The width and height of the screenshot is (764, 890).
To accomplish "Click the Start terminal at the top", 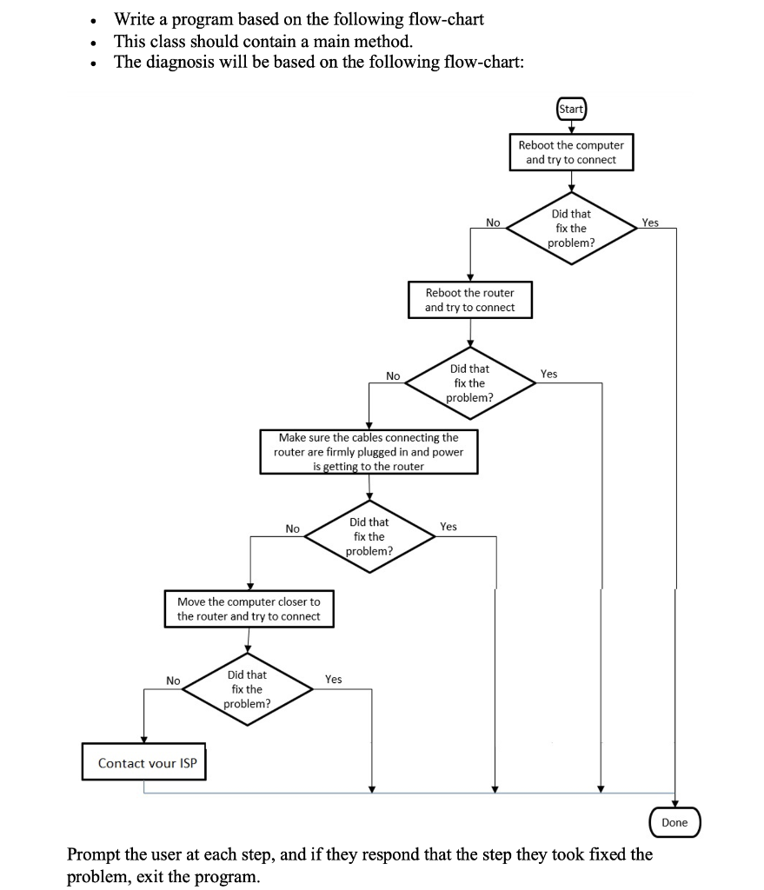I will [571, 109].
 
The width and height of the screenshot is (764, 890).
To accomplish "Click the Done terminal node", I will [674, 822].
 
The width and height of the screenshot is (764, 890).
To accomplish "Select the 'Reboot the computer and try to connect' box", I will [571, 152].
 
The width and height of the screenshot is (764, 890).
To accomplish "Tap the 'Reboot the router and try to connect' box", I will [469, 300].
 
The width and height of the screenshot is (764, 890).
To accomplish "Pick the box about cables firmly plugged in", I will [369, 452].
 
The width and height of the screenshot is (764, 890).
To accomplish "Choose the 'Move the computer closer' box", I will [249, 608].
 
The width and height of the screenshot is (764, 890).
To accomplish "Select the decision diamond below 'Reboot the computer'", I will [571, 228].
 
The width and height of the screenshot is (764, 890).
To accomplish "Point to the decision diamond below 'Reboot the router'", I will [469, 382].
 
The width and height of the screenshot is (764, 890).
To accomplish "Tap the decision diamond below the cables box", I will [369, 536].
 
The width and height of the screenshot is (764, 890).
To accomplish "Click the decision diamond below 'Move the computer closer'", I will [248, 688].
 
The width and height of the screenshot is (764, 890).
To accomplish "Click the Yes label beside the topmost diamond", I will [650, 222].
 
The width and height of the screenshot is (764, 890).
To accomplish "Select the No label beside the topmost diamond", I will [493, 222].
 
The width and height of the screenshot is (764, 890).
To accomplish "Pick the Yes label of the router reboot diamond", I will [548, 374].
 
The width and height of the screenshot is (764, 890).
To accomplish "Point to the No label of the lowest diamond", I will [174, 681].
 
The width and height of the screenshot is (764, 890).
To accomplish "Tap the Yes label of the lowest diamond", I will [333, 679].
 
